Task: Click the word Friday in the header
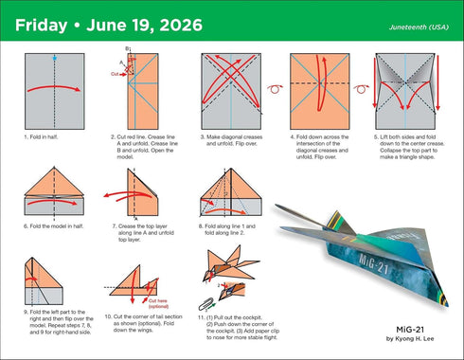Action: tap(40, 22)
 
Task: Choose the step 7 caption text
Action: tap(143, 231)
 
